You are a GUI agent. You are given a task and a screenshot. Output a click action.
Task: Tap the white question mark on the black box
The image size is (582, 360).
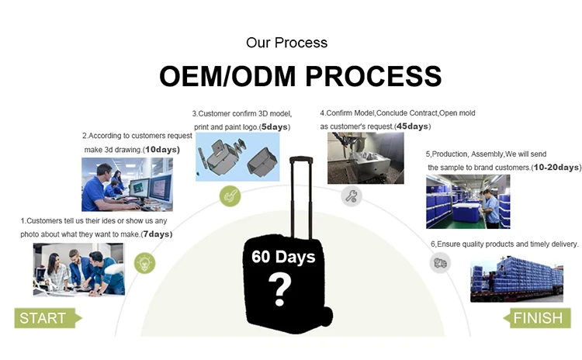click(x=280, y=290)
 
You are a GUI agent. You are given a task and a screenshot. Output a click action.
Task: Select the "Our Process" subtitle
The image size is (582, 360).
click(x=286, y=43)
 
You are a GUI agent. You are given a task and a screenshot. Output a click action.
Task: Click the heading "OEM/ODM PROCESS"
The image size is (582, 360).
click(x=300, y=76)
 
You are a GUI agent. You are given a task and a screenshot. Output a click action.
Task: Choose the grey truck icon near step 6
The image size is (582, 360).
click(x=439, y=263)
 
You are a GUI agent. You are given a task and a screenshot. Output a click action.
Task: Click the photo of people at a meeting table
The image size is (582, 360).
click(x=78, y=269)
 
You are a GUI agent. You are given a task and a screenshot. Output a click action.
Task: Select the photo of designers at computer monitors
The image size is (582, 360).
click(x=127, y=184)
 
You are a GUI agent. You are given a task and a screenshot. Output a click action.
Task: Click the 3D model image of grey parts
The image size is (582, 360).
click(x=237, y=156)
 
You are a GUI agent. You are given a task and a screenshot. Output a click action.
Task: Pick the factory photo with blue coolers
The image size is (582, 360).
click(x=467, y=201)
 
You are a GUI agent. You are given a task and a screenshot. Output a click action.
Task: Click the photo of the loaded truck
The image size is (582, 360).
click(x=517, y=279)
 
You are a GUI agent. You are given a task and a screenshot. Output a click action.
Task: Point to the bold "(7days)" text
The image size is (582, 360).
click(x=157, y=234)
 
